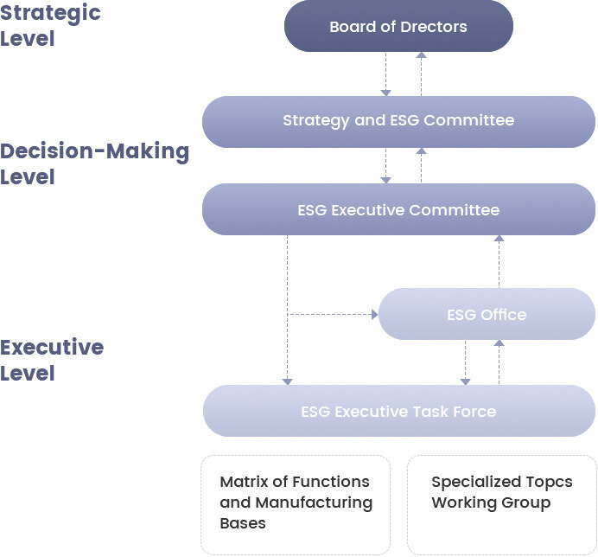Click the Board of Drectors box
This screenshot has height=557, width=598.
[398, 27]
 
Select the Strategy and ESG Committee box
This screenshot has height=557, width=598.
[398, 121]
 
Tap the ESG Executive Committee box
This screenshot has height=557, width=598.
[398, 209]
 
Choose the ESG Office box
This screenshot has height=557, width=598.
[487, 314]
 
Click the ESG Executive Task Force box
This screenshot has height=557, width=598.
[398, 411]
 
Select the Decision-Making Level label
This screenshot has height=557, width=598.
[94, 163]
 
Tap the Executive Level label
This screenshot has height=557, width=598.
[52, 360]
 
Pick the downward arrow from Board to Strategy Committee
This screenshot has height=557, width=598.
[387, 74]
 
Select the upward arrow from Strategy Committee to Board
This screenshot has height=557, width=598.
[421, 73]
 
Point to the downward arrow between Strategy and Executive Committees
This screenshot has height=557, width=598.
[387, 165]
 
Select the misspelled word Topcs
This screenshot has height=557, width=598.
[550, 482]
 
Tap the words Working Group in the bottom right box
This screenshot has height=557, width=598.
[491, 503]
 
